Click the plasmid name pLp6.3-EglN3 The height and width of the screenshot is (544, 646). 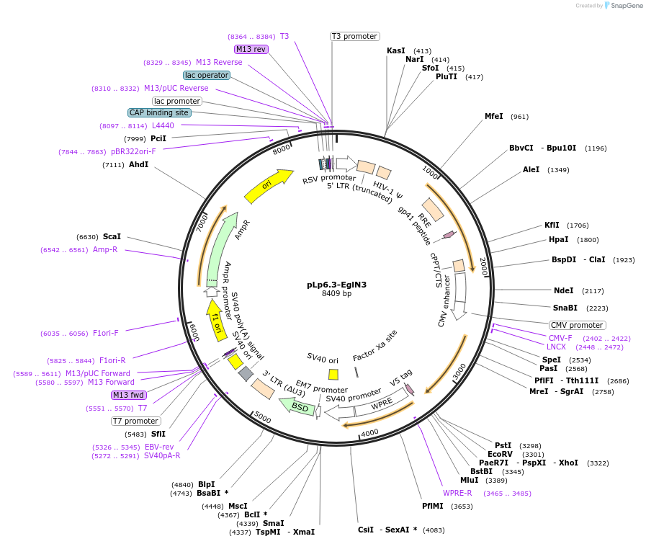click(x=336, y=284)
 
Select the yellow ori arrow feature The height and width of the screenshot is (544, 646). click(x=268, y=186)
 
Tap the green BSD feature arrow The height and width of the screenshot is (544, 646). click(x=299, y=407)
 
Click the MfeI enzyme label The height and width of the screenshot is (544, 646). click(x=494, y=116)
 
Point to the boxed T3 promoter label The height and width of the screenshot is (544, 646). click(x=355, y=36)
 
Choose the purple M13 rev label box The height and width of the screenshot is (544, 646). click(x=251, y=49)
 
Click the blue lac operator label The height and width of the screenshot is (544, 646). click(x=207, y=75)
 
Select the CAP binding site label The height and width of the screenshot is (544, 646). click(x=159, y=112)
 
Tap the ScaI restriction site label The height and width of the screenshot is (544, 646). click(x=112, y=236)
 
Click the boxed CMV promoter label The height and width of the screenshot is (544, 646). click(x=577, y=325)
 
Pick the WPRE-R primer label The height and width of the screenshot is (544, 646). click(x=457, y=493)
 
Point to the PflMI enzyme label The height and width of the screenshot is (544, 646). click(x=434, y=506)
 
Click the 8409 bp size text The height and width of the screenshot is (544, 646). click(x=336, y=294)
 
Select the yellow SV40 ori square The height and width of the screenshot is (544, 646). click(x=333, y=374)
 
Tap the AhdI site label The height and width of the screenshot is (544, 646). click(x=138, y=165)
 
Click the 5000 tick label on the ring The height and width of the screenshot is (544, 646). click(x=262, y=419)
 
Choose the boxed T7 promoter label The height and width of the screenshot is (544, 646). click(x=136, y=421)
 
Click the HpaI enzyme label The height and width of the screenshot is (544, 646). click(x=559, y=240)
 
